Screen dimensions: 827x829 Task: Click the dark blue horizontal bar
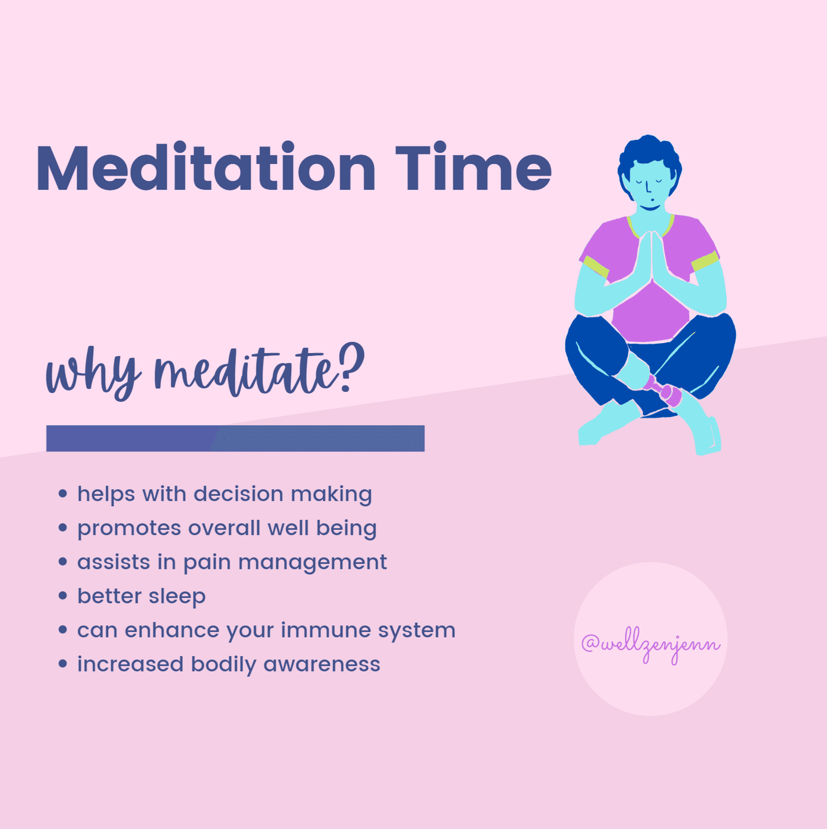point(235,438)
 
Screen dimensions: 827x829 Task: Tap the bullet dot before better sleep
point(63,596)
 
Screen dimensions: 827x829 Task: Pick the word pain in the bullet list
point(207,563)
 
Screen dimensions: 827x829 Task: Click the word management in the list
point(313,563)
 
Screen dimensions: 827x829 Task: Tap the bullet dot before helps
point(63,494)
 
